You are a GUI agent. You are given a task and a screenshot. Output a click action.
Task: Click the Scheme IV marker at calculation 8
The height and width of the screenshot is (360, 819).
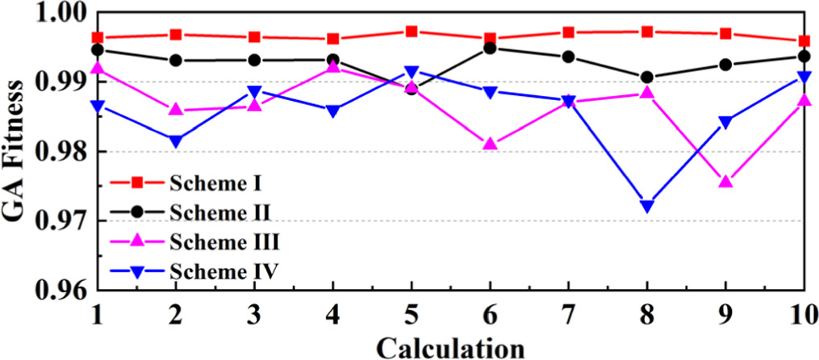click(646, 207)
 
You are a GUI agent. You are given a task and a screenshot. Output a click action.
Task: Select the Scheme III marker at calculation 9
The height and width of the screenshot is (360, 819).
click(725, 182)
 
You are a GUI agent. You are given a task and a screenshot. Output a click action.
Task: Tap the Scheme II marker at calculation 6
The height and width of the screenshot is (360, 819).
click(489, 48)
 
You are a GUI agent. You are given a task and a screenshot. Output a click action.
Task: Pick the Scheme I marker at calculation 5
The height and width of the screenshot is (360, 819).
click(412, 31)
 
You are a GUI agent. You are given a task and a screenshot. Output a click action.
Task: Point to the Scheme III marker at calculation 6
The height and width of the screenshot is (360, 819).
click(489, 144)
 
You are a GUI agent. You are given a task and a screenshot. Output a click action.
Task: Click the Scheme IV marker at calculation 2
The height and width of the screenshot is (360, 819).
click(176, 141)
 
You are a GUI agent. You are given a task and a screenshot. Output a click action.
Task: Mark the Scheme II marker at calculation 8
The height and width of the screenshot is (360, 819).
click(646, 77)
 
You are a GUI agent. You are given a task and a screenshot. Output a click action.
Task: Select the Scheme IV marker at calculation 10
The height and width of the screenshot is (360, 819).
click(804, 77)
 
